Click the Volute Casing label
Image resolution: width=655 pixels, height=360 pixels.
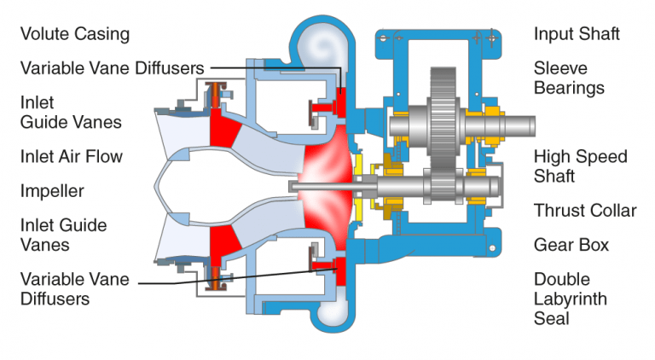point(75,35)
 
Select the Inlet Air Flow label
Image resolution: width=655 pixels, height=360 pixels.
point(72,157)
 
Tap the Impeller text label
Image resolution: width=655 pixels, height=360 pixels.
point(52,191)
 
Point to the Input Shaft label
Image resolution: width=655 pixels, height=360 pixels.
point(577,35)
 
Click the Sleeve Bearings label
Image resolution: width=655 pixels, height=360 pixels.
point(569,78)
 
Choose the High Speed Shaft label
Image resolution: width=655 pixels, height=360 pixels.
point(580,166)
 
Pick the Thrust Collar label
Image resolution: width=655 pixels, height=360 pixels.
point(585,211)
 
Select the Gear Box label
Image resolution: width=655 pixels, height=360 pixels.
point(571,245)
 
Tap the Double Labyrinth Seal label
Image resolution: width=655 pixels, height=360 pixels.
point(571,299)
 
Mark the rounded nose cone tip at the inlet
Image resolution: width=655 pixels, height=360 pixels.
point(159,184)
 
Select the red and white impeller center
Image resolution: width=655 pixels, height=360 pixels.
point(320,183)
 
